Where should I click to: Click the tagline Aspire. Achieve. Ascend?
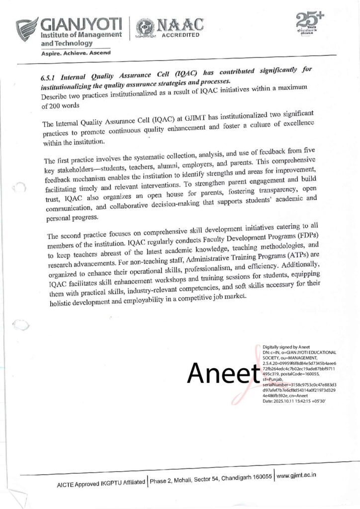click(76, 52)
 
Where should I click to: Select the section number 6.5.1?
click(49, 78)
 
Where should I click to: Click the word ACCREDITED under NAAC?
click(181, 35)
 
